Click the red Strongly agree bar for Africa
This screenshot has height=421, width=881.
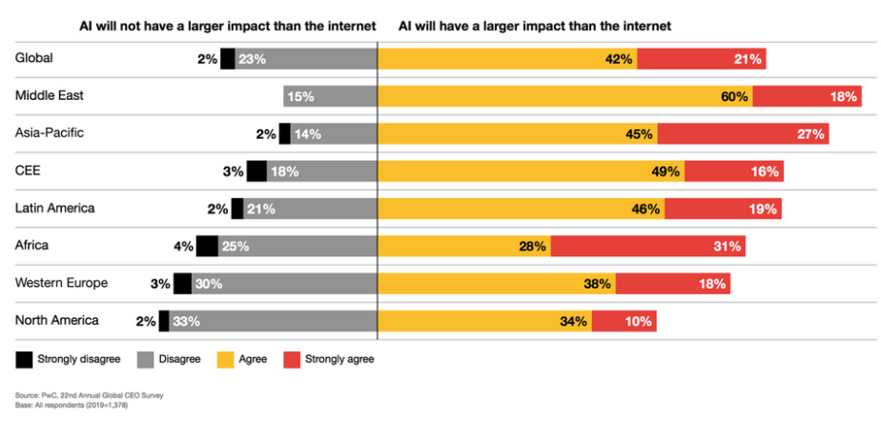[x=647, y=247]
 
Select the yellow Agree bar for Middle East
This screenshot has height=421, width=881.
[x=565, y=97]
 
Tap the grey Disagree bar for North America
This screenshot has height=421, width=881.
[x=273, y=321]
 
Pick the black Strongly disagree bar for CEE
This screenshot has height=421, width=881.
[x=256, y=171]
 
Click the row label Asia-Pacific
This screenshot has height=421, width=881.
[x=50, y=133]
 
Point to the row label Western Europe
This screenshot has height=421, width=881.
[x=61, y=283]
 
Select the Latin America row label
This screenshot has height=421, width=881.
[x=55, y=208]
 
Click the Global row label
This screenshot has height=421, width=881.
[x=34, y=58]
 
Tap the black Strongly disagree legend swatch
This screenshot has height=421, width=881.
[x=23, y=359]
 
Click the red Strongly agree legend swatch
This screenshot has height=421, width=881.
[x=291, y=359]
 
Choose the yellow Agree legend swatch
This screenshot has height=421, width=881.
[x=224, y=359]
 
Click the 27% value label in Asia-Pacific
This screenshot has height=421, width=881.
[x=810, y=134]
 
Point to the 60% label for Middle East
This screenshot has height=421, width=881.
[x=734, y=97]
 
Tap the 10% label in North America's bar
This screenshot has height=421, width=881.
[x=638, y=321]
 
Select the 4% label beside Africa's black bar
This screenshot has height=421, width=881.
[x=183, y=247]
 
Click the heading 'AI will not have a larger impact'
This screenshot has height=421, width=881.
[x=195, y=26]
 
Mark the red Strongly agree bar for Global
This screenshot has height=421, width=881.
[x=701, y=59]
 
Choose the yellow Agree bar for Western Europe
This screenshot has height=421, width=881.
[x=497, y=284]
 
